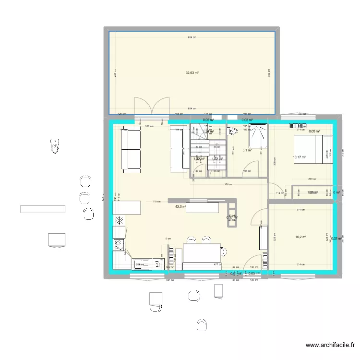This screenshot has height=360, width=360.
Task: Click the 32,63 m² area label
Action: coord(192,73)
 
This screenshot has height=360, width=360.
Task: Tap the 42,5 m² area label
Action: coord(180,206)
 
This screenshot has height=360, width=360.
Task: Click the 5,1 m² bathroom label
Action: coord(247,150)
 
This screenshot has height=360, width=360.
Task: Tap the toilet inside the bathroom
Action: coord(234,131)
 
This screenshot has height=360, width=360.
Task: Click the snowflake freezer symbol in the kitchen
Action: coord(118,221)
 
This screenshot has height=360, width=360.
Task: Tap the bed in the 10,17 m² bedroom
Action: coord(313,149)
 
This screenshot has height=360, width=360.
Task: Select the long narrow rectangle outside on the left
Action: coord(43,209)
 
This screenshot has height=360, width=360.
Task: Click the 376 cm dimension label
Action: coord(228,184)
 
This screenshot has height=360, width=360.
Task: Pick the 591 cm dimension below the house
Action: coord(168,280)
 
